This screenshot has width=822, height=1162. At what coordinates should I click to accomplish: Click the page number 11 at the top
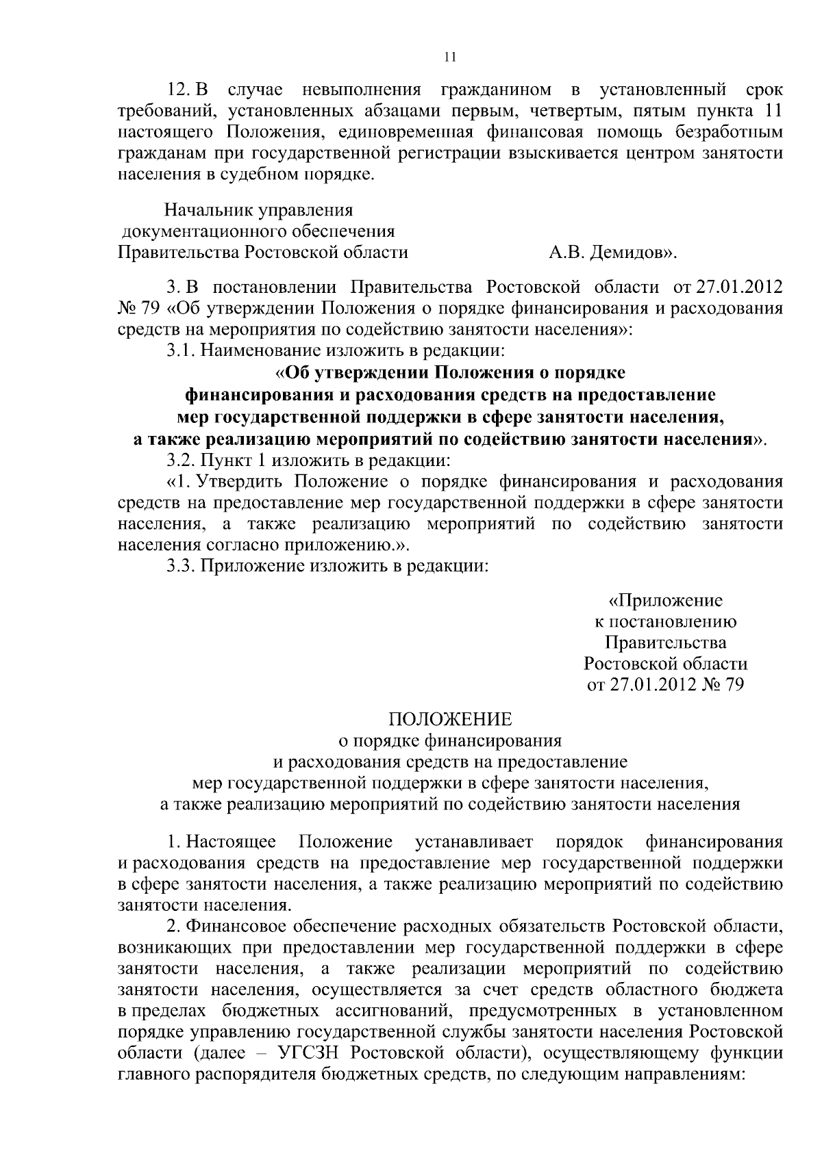click(x=450, y=57)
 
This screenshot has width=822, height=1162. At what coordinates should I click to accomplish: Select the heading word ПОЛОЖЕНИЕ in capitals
click(x=450, y=719)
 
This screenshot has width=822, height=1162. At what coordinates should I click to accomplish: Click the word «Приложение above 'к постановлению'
click(x=665, y=601)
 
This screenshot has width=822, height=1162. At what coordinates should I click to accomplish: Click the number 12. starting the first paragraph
click(x=180, y=90)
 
